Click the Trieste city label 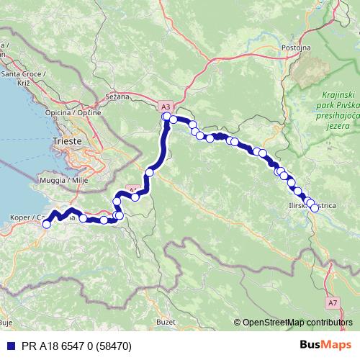[x=69, y=141]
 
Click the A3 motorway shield [x=166, y=105]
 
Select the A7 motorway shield [x=331, y=304]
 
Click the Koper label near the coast [x=22, y=216]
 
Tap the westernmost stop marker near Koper [x=46, y=224]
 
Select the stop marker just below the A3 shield [x=166, y=117]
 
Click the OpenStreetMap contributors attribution [x=295, y=322]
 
